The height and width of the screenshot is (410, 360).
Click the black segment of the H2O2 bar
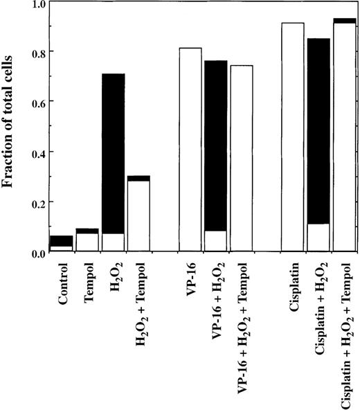114,153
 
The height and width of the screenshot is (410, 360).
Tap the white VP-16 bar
190,149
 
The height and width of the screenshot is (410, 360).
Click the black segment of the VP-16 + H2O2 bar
216,145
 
